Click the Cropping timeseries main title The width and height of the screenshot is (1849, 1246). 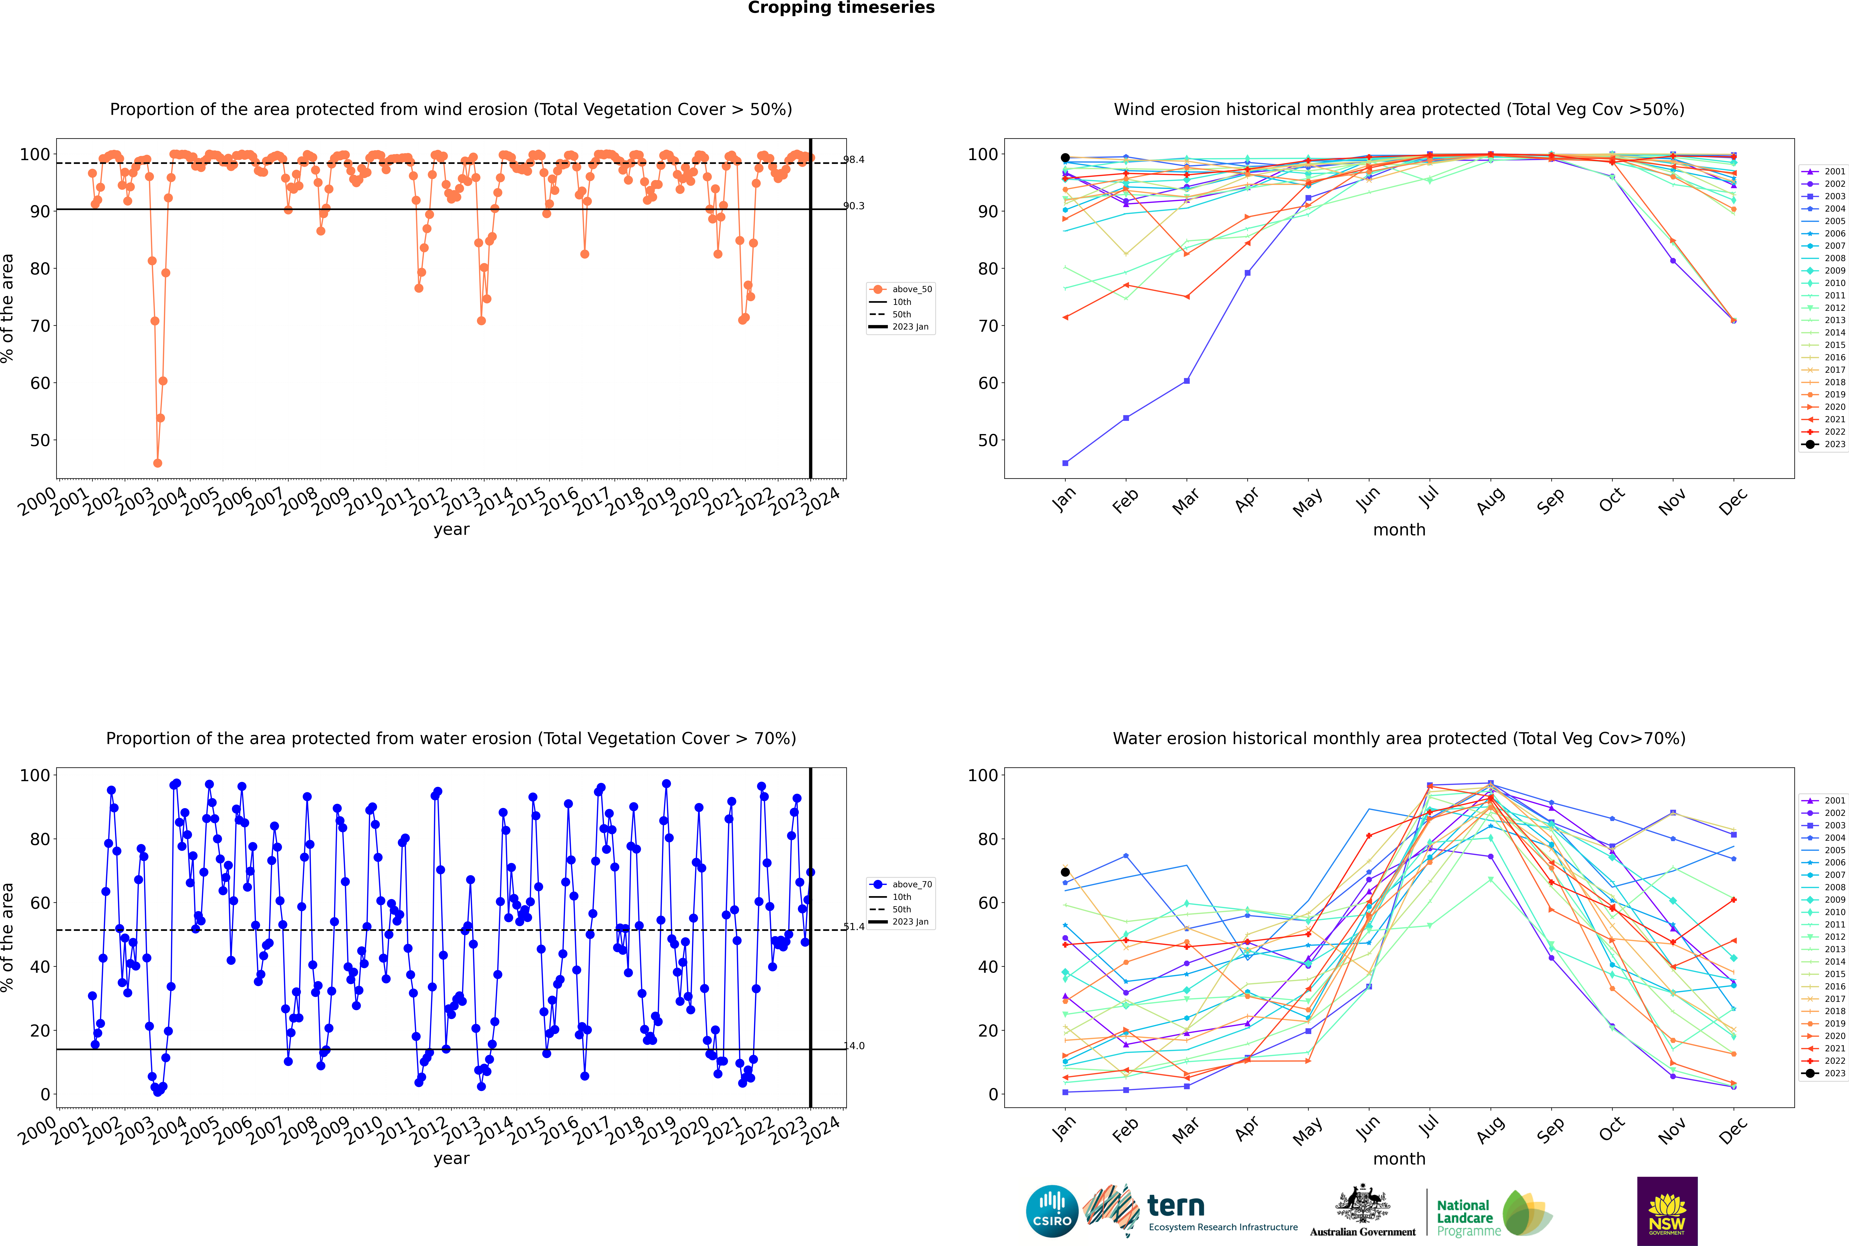coord(841,8)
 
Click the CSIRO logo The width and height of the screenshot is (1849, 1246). coord(1052,1211)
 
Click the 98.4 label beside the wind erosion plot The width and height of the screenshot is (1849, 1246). coord(854,160)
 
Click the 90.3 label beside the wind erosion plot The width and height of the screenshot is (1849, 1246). coord(854,206)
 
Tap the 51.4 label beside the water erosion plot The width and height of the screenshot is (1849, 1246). coord(854,927)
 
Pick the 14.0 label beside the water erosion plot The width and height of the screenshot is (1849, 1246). coord(854,1046)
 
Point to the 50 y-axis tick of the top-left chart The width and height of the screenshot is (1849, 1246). coord(40,440)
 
